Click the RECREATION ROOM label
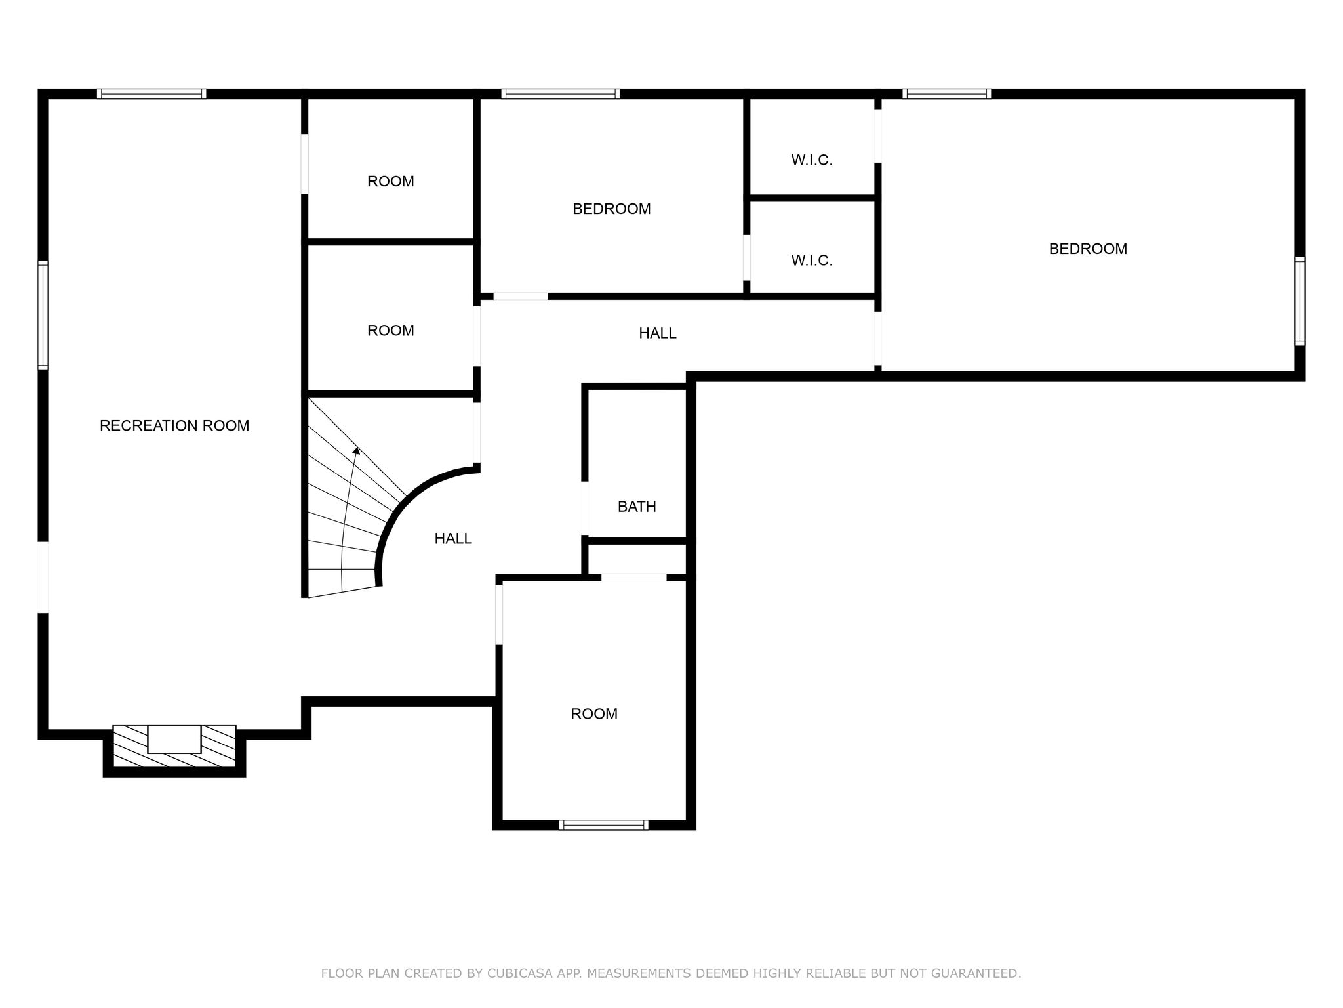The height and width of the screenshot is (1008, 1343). point(174,425)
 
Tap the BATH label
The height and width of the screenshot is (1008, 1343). point(637,506)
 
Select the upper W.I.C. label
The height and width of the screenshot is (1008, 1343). point(812,160)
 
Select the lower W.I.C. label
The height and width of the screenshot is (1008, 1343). point(812,261)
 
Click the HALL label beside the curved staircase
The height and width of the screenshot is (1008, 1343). point(453,538)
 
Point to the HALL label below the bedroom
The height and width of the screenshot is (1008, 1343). point(658,333)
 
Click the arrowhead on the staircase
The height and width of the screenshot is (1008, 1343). point(356,450)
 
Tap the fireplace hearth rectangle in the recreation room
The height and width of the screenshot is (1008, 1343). point(174,739)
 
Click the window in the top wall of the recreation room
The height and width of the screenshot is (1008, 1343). point(151,94)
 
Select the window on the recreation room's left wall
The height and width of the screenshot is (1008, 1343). point(43,315)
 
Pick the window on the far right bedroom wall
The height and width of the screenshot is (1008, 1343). point(1300,301)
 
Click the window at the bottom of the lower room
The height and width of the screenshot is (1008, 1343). point(604,825)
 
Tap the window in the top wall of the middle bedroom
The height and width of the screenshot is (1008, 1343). point(561,94)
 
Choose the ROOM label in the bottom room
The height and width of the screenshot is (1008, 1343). point(594,713)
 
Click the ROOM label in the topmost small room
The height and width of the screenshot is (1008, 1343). point(391,181)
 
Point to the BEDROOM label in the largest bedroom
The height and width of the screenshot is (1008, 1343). point(1088,249)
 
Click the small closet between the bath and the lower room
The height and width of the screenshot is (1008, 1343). point(637,559)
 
